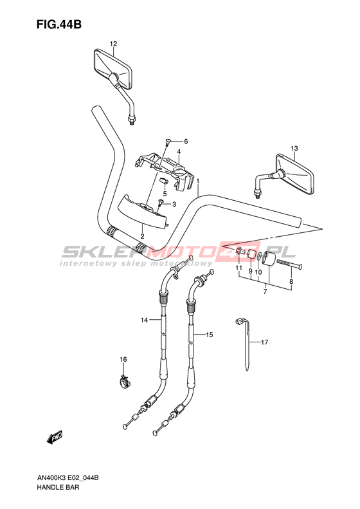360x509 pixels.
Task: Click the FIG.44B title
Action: click(x=59, y=24)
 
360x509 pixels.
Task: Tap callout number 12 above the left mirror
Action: click(x=113, y=44)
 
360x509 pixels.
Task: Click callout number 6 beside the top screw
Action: click(x=186, y=141)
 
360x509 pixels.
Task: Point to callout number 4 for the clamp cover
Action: click(x=179, y=152)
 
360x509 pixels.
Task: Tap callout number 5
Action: click(x=165, y=194)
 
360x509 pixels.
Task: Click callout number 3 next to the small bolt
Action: click(x=174, y=204)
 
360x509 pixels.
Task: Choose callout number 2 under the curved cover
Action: click(x=142, y=236)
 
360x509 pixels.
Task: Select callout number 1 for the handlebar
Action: click(x=197, y=181)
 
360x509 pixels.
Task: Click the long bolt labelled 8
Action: click(x=290, y=263)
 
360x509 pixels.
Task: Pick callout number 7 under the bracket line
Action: click(x=265, y=292)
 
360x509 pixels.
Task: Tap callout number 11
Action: click(x=239, y=268)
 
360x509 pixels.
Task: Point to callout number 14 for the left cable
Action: click(x=144, y=320)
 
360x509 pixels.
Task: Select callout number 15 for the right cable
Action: click(x=210, y=335)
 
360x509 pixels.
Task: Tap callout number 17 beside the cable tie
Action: click(x=265, y=342)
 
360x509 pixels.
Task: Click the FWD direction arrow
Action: click(x=55, y=438)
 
